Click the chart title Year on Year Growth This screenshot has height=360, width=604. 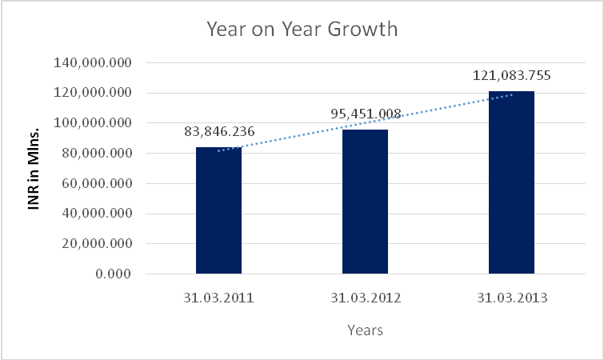point(302,30)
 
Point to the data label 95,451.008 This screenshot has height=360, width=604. point(366,114)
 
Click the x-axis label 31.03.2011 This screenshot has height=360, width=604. point(218,298)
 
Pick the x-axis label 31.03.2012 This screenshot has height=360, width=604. point(365,298)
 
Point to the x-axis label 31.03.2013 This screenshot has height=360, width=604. point(511,298)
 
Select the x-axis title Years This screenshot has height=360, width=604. point(365,330)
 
